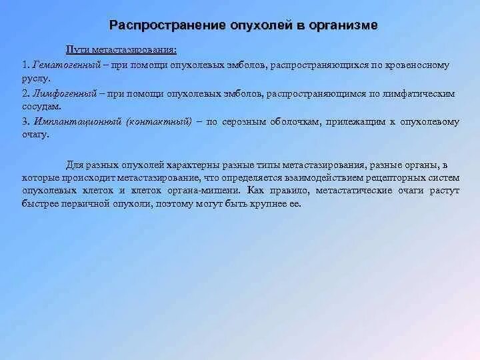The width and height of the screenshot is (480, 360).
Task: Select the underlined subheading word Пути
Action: tap(76, 51)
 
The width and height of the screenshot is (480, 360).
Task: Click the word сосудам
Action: tap(41, 107)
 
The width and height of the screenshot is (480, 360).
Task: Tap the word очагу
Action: tap(35, 135)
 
